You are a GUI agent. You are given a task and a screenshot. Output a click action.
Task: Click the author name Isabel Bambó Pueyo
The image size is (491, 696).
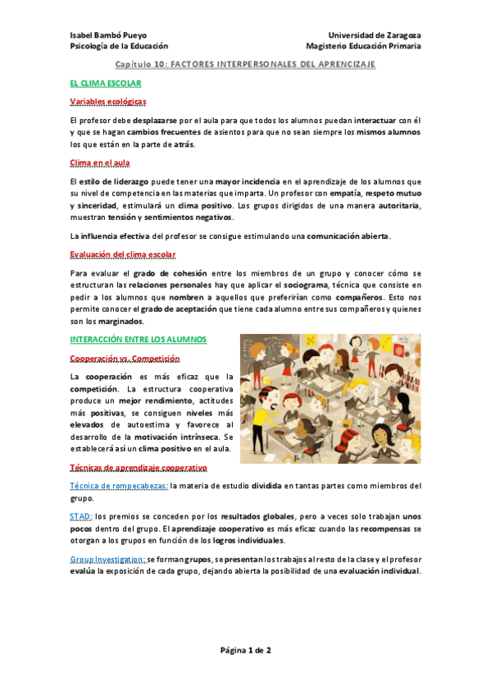click(x=107, y=35)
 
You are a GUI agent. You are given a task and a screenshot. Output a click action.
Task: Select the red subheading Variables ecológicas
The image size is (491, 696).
click(x=108, y=101)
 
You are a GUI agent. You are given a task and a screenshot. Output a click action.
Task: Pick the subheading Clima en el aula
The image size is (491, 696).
click(x=101, y=163)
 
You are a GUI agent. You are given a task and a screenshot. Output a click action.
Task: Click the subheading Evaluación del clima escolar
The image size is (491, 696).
click(x=122, y=254)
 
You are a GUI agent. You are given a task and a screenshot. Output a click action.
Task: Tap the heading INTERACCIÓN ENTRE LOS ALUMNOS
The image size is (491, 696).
click(x=139, y=339)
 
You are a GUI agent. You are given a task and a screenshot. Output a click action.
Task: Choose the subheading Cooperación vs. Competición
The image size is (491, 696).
click(x=125, y=359)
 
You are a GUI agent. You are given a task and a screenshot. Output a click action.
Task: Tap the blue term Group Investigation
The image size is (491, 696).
click(x=107, y=559)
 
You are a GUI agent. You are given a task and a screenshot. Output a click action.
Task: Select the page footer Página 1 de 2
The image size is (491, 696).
click(x=245, y=649)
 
